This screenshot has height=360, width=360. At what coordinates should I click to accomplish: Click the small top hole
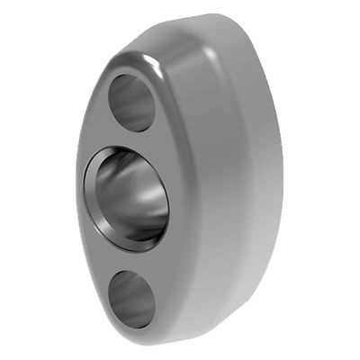point(132,102)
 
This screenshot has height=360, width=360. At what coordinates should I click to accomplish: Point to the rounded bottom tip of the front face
point(135,335)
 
